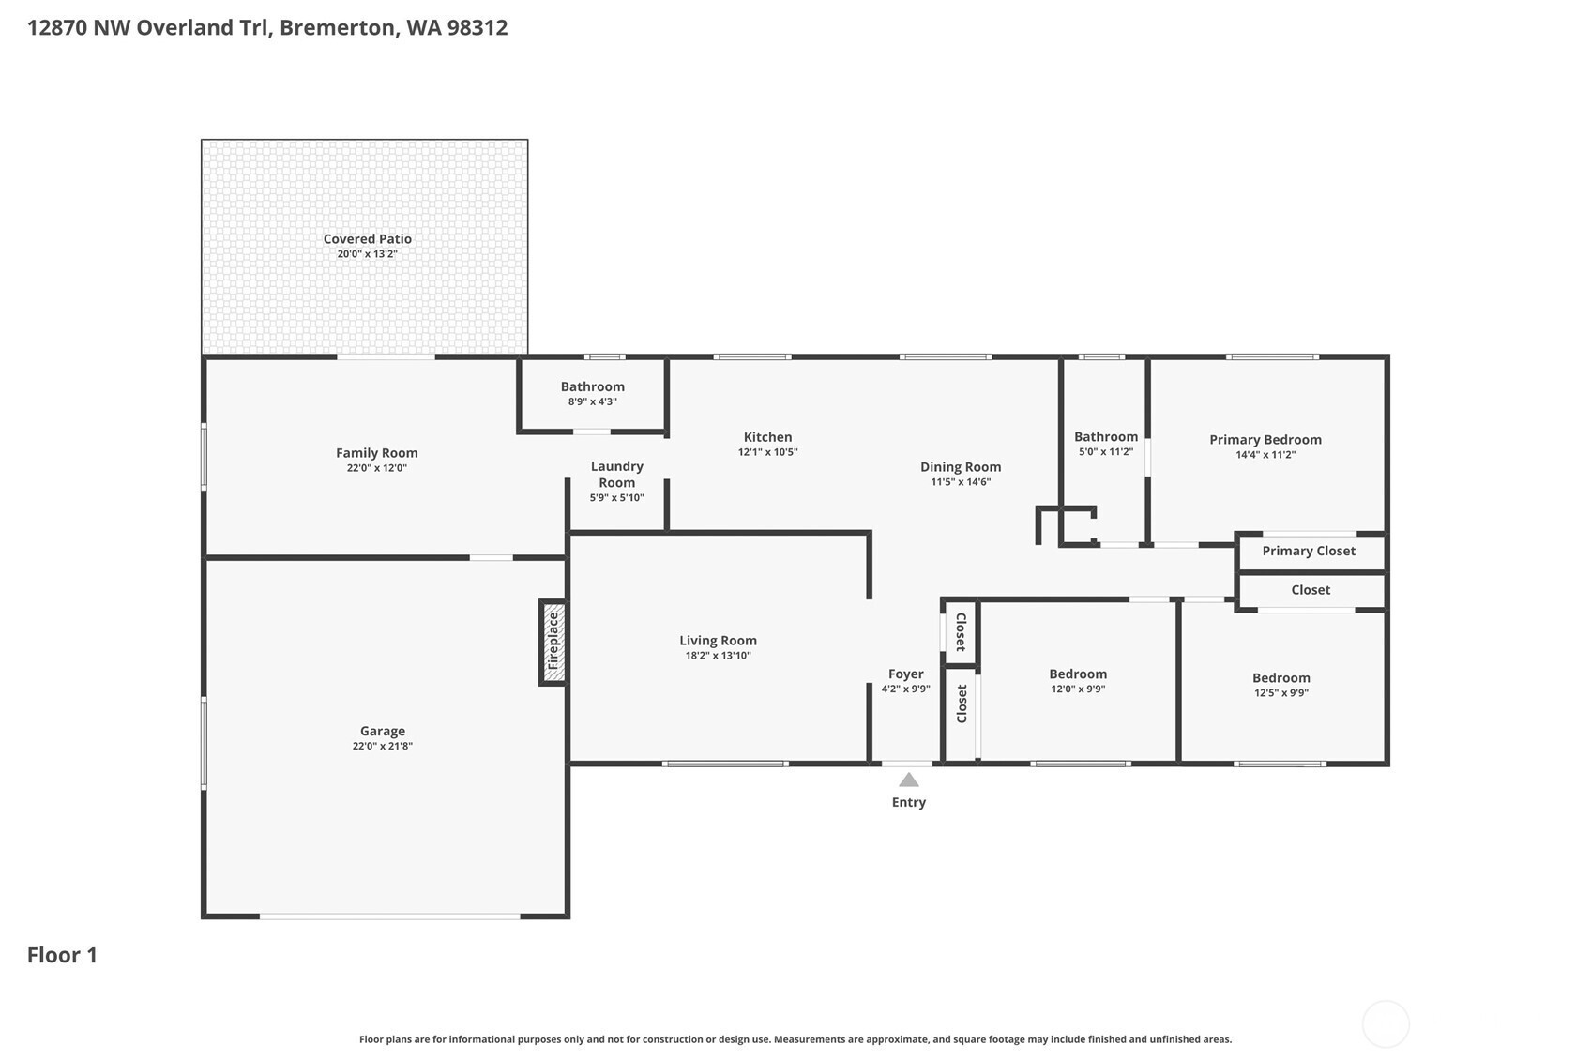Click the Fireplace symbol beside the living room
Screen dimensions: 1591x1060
click(x=553, y=643)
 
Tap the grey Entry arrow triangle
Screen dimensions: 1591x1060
click(x=908, y=780)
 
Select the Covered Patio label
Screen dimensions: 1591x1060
click(x=367, y=238)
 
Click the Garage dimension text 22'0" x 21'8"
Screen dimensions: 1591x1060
click(x=382, y=746)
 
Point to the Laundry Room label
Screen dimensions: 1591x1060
click(x=616, y=474)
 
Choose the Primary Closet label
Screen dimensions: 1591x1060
click(x=1309, y=551)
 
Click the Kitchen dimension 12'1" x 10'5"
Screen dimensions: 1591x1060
click(x=767, y=452)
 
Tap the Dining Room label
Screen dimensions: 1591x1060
click(x=961, y=467)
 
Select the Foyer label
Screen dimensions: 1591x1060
click(x=905, y=674)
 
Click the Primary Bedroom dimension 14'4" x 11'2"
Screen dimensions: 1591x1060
click(x=1265, y=455)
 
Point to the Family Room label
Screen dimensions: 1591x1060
click(x=376, y=452)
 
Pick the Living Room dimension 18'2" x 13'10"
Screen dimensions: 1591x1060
click(x=718, y=655)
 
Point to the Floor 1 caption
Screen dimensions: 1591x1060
click(x=62, y=955)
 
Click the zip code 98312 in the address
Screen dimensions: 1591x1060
click(x=477, y=28)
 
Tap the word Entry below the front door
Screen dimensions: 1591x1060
click(x=908, y=802)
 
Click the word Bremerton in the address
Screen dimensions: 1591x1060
click(x=337, y=28)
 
